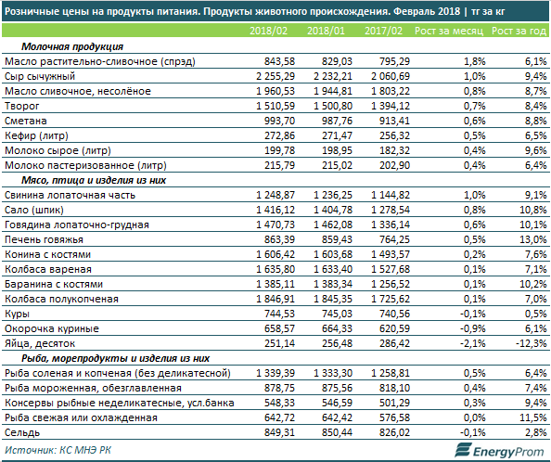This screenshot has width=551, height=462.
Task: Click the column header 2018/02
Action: pos(268,31)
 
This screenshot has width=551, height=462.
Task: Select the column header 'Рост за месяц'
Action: pos(449,31)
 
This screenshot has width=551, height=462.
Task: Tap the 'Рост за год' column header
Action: pos(519,31)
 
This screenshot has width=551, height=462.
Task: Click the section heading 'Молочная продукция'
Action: pos(72,46)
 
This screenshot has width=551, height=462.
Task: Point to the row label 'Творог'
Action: pos(21,106)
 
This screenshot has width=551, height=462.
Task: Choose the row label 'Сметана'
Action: pos(26,121)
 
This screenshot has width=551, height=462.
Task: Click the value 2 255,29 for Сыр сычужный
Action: pos(275,76)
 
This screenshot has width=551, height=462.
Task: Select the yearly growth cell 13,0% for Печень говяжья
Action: pos(533,239)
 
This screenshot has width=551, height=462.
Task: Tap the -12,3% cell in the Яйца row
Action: pos(531,343)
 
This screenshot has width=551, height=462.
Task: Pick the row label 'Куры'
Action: pos(17,314)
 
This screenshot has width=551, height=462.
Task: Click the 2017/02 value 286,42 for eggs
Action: pos(394,343)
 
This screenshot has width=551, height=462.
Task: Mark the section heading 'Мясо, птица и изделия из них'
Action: pos(94,180)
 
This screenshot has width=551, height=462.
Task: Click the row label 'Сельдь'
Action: pos(22,432)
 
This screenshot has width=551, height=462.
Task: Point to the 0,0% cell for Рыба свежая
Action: pos(474,417)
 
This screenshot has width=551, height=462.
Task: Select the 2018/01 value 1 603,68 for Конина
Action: pos(333,254)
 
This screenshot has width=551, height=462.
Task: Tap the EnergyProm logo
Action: pos(499,451)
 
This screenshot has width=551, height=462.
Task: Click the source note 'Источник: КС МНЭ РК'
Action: pos(58,450)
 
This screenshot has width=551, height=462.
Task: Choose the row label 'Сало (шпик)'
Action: pos(34,210)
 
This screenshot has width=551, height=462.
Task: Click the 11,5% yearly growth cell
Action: pos(533,417)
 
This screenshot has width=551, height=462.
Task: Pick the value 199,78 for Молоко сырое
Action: pos(280,150)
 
